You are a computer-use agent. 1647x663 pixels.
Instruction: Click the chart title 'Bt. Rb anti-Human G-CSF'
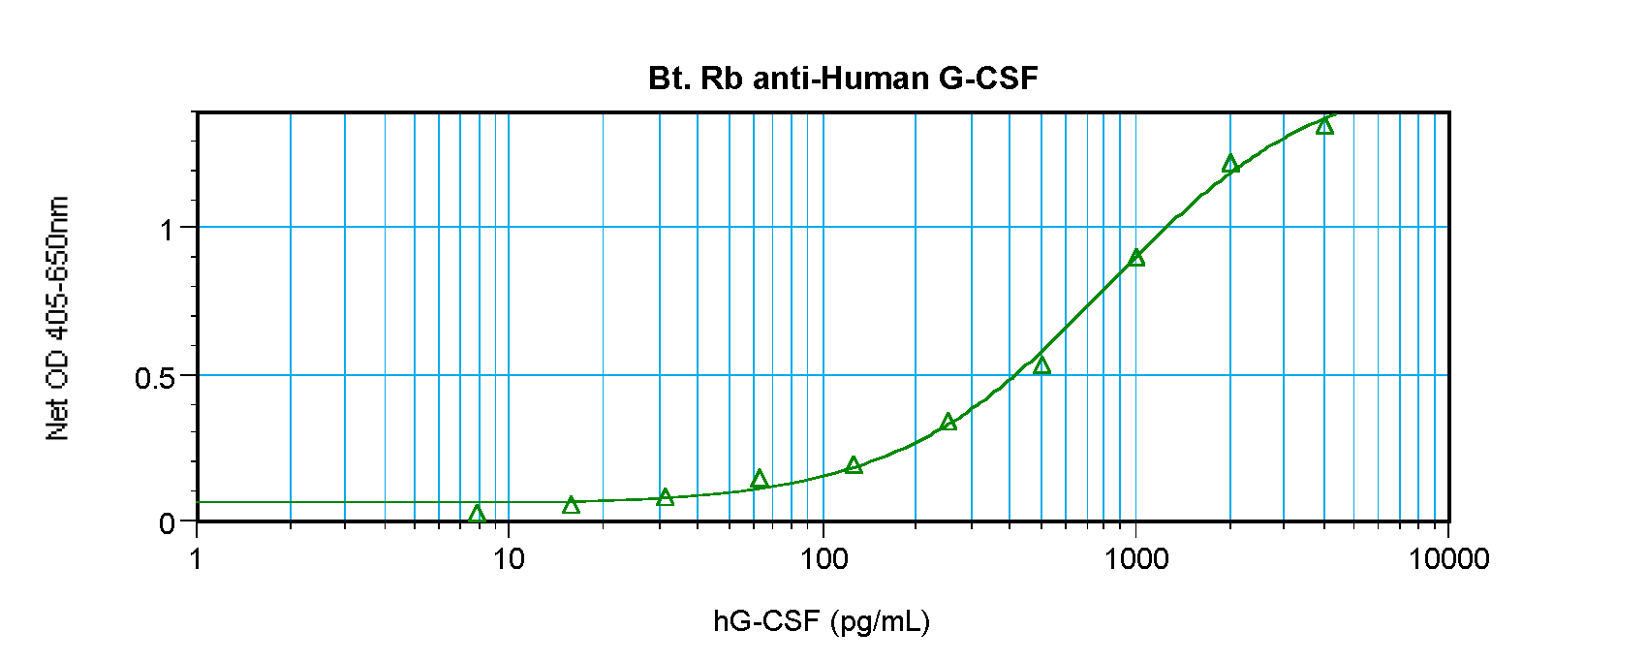pyautogui.click(x=843, y=78)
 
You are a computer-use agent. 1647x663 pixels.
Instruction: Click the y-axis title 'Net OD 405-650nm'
pyautogui.click(x=58, y=318)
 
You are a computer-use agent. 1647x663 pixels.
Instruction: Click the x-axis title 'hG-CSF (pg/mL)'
pyautogui.click(x=822, y=620)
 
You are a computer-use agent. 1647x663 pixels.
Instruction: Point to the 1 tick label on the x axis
pyautogui.click(x=197, y=558)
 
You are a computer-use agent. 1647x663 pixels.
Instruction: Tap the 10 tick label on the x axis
pyautogui.click(x=508, y=558)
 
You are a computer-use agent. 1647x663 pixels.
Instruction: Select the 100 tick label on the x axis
pyautogui.click(x=822, y=558)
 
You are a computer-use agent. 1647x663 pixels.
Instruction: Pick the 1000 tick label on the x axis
pyautogui.click(x=1135, y=558)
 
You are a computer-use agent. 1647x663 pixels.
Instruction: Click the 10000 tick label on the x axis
pyautogui.click(x=1448, y=558)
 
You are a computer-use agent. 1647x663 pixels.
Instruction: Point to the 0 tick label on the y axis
pyautogui.click(x=167, y=523)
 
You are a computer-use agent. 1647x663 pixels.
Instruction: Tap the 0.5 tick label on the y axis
pyautogui.click(x=155, y=377)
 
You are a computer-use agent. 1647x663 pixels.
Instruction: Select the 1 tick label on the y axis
pyautogui.click(x=167, y=230)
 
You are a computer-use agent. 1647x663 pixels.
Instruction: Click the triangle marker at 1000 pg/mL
pyautogui.click(x=1136, y=258)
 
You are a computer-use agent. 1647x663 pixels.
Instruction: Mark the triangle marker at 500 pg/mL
pyautogui.click(x=1041, y=365)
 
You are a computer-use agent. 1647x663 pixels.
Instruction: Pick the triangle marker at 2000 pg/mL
pyautogui.click(x=1230, y=164)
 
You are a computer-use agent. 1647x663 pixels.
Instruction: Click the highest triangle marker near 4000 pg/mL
pyautogui.click(x=1324, y=126)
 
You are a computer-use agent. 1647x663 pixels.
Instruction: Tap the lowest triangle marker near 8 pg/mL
pyautogui.click(x=477, y=514)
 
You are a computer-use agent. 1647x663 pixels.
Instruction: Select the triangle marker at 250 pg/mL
pyautogui.click(x=948, y=422)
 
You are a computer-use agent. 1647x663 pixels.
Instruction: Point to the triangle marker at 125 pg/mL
pyautogui.click(x=854, y=465)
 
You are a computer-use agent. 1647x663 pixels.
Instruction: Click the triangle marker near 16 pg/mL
pyautogui.click(x=571, y=505)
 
